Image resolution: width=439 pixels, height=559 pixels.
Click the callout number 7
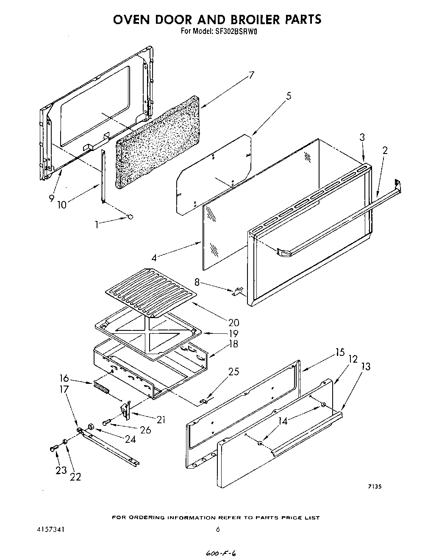pos(251,75)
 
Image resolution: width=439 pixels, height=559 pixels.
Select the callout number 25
pos(233,372)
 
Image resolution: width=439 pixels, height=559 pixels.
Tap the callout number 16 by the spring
pos(64,378)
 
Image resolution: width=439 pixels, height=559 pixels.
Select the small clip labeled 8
pos(239,291)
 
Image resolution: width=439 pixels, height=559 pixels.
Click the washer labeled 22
pos(64,442)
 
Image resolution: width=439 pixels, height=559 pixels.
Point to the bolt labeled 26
pos(106,422)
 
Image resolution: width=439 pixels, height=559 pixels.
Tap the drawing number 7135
pos(374,487)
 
